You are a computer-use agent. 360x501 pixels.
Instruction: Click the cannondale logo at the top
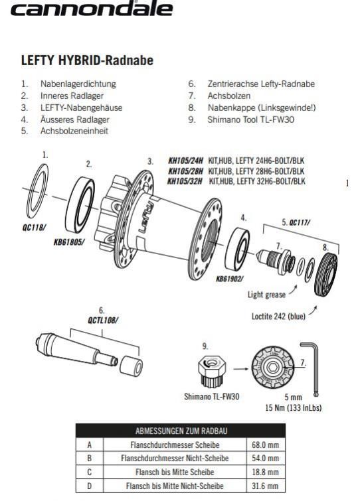pos(92,9)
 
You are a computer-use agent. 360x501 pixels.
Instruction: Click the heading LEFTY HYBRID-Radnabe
pos(87,60)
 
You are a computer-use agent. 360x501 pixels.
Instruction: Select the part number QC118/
pos(34,228)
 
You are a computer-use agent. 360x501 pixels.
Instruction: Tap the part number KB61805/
pos(69,242)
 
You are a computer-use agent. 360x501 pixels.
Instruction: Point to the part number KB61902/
pos(229,279)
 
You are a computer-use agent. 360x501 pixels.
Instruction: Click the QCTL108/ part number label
pos(103,320)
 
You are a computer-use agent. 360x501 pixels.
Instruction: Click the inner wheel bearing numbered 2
pos(80,205)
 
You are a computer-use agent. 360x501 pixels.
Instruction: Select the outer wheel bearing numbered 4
pos(237,250)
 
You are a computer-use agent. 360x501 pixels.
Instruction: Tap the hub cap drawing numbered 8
pos(325,274)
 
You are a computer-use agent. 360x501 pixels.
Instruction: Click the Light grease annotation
pos(266,294)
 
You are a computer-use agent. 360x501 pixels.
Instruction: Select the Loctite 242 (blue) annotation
pos(278,317)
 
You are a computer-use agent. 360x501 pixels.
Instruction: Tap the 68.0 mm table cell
pos(266,445)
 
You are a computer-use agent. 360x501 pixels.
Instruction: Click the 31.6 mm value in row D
pos(266,486)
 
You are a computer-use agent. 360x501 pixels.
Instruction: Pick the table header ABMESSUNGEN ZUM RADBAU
pos(181,431)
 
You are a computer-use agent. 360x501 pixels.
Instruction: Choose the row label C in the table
pos(90,472)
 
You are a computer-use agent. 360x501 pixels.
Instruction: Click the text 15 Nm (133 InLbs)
pos(294,407)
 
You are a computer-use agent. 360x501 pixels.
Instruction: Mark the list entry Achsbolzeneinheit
pos(74,131)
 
